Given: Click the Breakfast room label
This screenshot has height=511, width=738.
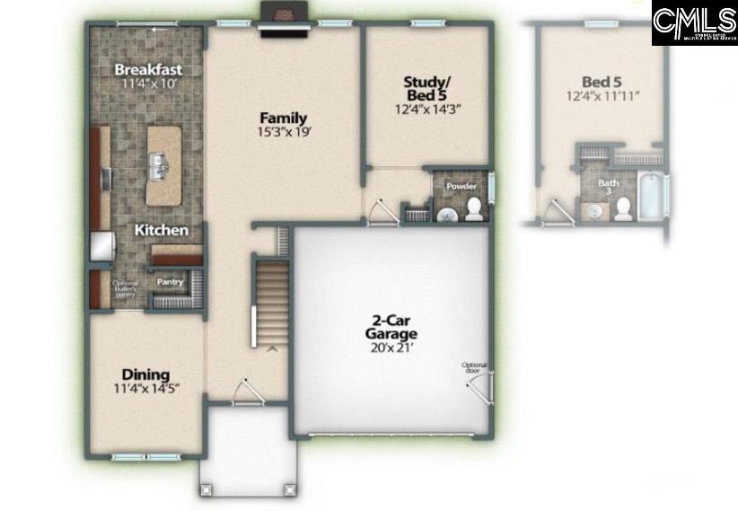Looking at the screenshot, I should [148, 69].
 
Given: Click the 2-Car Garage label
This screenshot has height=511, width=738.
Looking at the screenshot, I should [391, 325].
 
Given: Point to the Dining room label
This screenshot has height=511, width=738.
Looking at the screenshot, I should [145, 374].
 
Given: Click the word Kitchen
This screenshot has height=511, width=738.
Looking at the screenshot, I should [162, 231].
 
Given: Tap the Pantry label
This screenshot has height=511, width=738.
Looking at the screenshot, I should [171, 282].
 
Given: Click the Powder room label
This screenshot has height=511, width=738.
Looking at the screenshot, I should [461, 187].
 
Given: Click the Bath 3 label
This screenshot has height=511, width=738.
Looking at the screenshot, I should [609, 187].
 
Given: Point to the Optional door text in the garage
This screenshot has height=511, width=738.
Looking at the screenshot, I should [474, 366].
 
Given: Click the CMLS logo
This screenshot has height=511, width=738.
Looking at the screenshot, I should [694, 23].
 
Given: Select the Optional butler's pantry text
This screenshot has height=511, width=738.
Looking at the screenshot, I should [125, 288].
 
